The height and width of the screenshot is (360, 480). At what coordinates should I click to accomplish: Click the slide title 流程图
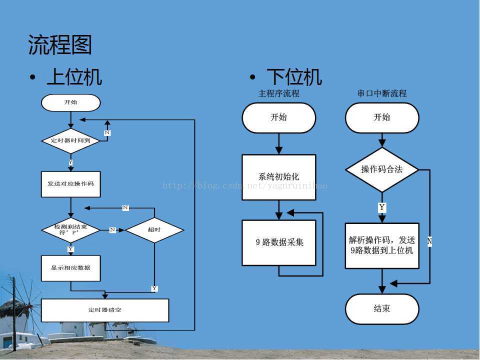60,45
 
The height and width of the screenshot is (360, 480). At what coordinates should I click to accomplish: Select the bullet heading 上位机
74,77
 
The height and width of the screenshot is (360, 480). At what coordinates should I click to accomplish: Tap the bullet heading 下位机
294,77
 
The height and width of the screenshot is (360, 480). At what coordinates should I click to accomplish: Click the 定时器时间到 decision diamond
71,140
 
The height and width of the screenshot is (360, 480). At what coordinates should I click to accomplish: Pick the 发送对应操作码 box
70,183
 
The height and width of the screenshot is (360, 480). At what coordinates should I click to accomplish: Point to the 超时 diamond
154,230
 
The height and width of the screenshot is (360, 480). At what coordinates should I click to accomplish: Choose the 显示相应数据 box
70,268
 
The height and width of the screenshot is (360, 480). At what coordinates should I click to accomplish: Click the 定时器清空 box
105,310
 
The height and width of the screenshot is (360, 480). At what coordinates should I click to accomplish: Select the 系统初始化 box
279,176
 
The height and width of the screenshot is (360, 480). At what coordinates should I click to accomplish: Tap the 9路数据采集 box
279,242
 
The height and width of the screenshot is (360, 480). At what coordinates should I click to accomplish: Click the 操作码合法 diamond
382,169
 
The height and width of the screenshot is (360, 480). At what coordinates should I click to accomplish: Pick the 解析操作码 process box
382,245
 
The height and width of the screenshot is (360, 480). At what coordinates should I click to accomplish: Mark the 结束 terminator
382,308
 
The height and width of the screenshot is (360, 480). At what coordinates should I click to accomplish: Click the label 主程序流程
279,93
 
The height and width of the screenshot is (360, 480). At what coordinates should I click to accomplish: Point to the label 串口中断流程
382,93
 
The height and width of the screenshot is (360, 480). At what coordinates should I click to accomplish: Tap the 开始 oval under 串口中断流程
382,117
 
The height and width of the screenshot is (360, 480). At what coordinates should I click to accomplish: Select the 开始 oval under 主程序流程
279,117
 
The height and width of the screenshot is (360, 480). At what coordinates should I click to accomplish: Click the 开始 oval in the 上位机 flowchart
70,102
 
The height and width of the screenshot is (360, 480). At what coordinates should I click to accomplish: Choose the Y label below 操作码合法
382,207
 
